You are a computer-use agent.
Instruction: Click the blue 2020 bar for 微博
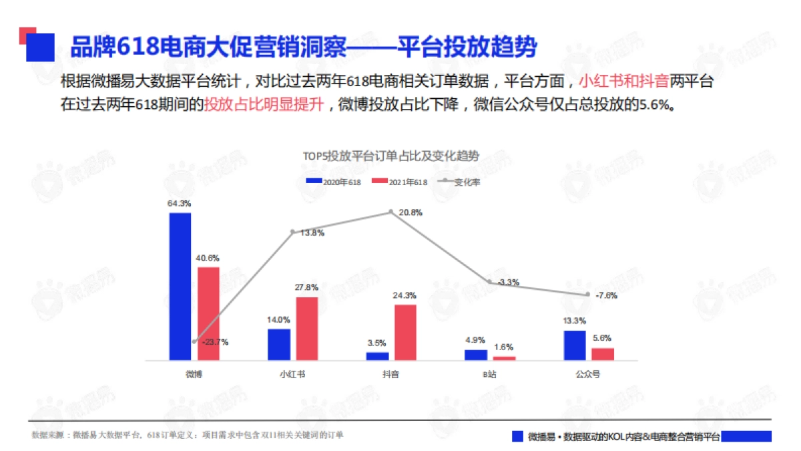(180, 286)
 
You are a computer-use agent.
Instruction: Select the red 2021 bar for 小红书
(307, 328)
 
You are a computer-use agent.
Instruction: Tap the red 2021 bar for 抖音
(405, 332)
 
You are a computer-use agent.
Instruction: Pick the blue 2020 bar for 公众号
(574, 345)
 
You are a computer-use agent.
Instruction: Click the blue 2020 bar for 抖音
(377, 355)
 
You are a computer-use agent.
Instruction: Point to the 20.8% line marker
(391, 212)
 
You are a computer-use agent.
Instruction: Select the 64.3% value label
(180, 203)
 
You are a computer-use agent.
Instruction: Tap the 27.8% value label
(307, 287)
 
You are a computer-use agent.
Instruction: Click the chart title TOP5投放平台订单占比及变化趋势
(390, 156)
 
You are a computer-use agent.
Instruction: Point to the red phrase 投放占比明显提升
(264, 105)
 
